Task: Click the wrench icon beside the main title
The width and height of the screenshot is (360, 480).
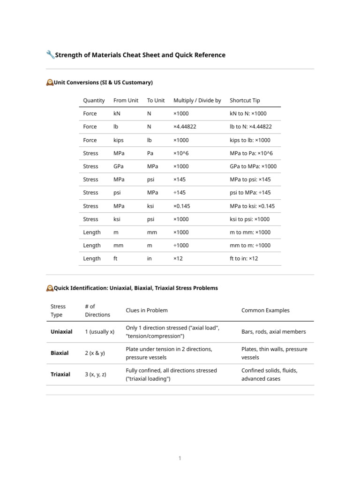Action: click(50, 55)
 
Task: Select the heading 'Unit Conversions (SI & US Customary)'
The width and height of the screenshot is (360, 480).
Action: click(103, 82)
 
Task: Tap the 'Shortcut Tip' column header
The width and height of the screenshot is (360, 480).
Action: click(245, 100)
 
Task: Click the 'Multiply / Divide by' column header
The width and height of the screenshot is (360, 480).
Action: click(197, 100)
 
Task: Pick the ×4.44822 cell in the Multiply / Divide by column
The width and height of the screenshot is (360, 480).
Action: click(185, 127)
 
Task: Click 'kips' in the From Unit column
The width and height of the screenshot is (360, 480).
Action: click(119, 140)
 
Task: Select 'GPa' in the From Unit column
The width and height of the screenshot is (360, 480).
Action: click(119, 166)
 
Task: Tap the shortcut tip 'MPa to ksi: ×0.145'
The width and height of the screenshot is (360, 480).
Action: click(252, 206)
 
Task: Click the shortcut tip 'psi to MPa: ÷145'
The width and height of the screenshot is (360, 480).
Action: click(250, 193)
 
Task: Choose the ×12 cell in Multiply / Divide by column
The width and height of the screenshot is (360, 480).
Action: click(178, 258)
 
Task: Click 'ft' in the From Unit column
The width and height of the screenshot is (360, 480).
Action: click(115, 258)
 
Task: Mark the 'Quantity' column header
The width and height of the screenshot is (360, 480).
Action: click(94, 100)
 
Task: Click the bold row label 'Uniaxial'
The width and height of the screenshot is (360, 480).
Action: click(61, 331)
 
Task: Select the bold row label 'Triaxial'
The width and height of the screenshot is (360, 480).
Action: click(60, 374)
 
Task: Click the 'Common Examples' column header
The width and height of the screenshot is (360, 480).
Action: click(265, 310)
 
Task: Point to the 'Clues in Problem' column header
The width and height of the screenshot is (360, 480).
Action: click(147, 310)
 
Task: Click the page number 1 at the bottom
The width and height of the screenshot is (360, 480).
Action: click(180, 458)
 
